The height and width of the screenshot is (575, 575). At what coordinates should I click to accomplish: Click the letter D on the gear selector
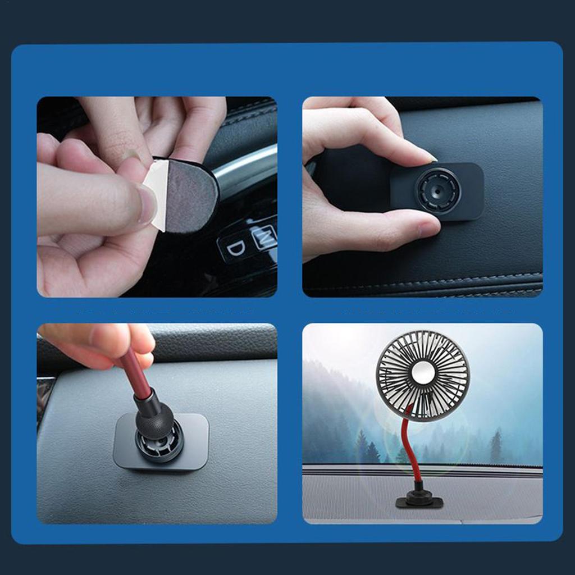coord(237,247)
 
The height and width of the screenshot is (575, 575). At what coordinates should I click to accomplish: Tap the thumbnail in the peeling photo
coord(147,205)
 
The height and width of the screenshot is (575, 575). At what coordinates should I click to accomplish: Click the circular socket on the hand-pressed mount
coord(438,191)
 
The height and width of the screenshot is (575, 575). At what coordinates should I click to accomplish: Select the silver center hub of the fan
coord(422,372)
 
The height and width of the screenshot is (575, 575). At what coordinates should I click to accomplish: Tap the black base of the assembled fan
coord(419,502)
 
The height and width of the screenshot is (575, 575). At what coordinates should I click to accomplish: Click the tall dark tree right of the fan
coord(496,446)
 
